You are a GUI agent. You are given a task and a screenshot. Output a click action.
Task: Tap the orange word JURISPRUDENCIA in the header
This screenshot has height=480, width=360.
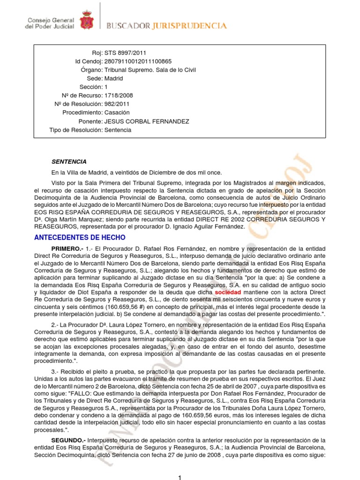[x=189, y=26]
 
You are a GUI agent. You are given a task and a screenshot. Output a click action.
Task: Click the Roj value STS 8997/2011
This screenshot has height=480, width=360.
[x=122, y=52]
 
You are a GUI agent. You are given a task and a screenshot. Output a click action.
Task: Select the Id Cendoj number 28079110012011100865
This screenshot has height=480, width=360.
[x=138, y=61]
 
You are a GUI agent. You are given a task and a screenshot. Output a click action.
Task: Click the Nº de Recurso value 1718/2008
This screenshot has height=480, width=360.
[x=117, y=96]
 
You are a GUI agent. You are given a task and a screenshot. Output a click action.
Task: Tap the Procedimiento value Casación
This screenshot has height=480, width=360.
[x=117, y=112]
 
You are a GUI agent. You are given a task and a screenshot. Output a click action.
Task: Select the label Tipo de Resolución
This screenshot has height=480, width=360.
[x=75, y=130]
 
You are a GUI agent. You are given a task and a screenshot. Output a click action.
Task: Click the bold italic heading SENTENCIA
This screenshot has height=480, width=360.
[x=69, y=161]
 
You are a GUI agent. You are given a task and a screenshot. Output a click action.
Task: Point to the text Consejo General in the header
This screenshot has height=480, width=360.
[x=49, y=21]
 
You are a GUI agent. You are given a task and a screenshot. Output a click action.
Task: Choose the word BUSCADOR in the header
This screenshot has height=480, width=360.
[x=128, y=26]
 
